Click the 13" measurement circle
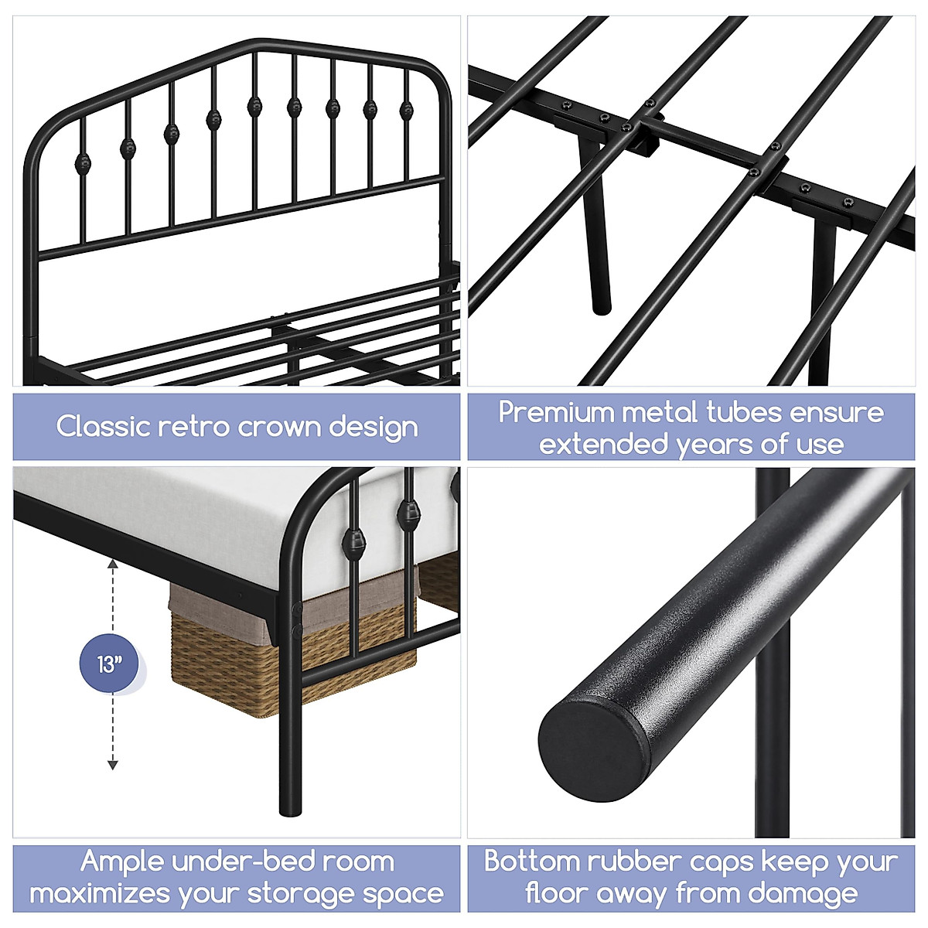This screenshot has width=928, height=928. click(111, 664)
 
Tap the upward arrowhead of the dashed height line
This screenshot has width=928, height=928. click(113, 565)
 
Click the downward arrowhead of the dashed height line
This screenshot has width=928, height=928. click(113, 765)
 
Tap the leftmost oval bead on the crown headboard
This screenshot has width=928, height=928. click(81, 163)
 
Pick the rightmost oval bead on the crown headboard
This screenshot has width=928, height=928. click(405, 110)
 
